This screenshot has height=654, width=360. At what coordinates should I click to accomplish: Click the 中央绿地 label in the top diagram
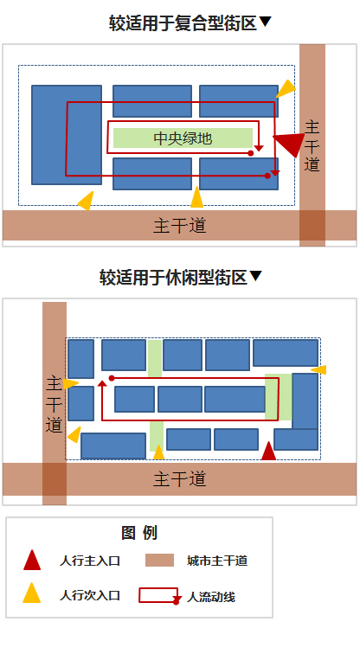click(x=183, y=138)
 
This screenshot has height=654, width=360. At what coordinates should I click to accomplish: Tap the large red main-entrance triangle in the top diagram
click(x=291, y=143)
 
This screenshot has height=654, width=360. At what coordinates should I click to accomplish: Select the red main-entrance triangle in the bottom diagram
click(x=268, y=451)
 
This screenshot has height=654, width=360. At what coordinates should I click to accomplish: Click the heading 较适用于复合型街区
click(x=183, y=23)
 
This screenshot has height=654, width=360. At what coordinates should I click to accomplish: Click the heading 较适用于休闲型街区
click(x=173, y=277)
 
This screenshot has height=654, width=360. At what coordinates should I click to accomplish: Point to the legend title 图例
click(x=139, y=533)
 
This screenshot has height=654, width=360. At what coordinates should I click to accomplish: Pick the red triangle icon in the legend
click(x=32, y=560)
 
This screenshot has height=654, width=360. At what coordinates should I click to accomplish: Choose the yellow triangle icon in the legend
click(x=32, y=593)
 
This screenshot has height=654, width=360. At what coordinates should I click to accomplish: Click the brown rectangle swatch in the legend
click(x=159, y=561)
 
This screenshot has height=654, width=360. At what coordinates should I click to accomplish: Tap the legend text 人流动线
click(x=211, y=597)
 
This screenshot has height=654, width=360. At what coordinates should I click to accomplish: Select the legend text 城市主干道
click(x=217, y=561)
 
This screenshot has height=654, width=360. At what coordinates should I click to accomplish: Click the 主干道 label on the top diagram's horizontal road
click(x=180, y=226)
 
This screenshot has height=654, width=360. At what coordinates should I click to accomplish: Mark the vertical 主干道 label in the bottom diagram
click(x=55, y=405)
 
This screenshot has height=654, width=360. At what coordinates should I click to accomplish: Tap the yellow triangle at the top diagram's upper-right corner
click(x=286, y=88)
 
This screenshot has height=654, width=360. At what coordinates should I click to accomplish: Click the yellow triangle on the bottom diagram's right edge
click(x=319, y=369)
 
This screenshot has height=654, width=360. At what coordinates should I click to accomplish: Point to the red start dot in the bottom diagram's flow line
click(x=112, y=378)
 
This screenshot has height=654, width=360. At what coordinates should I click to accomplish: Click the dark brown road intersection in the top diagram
click(x=312, y=225)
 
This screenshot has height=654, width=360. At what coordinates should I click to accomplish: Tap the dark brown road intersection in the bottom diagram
click(x=55, y=479)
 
